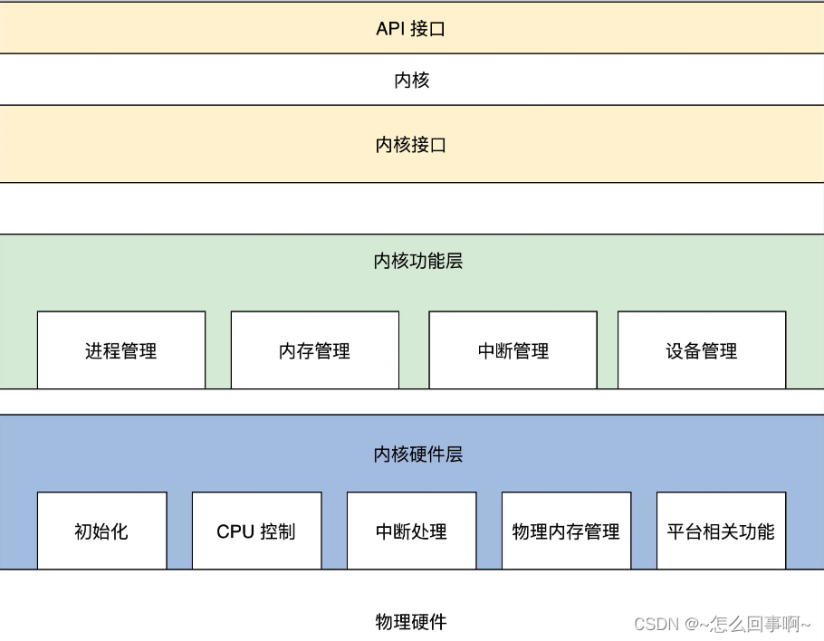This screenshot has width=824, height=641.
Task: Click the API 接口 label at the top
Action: pyautogui.click(x=411, y=28)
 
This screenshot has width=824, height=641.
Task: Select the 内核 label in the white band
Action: pyautogui.click(x=411, y=81)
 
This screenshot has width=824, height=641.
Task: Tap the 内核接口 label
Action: pyautogui.click(x=411, y=145)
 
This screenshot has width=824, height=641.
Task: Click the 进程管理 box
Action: pyautogui.click(x=121, y=350)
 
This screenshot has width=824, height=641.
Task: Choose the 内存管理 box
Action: pyautogui.click(x=314, y=350)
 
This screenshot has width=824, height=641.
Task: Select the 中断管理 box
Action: pyautogui.click(x=513, y=350)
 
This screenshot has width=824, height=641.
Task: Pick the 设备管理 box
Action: pyautogui.click(x=702, y=350)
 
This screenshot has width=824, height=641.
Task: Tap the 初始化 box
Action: pyautogui.click(x=101, y=531)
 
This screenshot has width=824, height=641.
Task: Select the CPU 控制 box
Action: pyautogui.click(x=256, y=531)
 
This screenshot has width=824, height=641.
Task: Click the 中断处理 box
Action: pyautogui.click(x=411, y=531)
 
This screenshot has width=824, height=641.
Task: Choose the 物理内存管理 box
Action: pyautogui.click(x=566, y=531)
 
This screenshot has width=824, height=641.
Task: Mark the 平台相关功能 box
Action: pyautogui.click(x=721, y=531)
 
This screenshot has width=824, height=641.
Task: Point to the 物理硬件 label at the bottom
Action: pyautogui.click(x=411, y=622)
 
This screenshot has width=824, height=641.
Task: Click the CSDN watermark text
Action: pyautogui.click(x=656, y=624)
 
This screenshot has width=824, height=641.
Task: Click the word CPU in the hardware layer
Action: pyautogui.click(x=235, y=531)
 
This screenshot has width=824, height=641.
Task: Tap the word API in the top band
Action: pyautogui.click(x=390, y=28)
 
